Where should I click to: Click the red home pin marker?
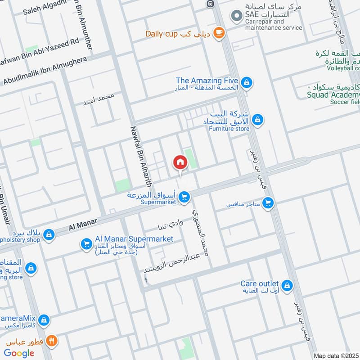point(180,162)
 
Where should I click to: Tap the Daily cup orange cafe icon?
point(219,33)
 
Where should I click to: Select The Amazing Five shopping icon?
point(247,83)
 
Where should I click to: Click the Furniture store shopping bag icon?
point(257,120)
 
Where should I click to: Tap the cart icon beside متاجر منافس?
point(268,204)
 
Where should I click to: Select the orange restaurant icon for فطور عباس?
point(53,341)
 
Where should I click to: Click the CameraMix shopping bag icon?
point(43,320)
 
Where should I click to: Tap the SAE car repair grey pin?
point(236,17)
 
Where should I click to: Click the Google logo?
point(19,353)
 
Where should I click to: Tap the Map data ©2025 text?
point(336,355)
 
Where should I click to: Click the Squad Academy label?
point(333,94)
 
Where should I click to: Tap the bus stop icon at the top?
point(209,3)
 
